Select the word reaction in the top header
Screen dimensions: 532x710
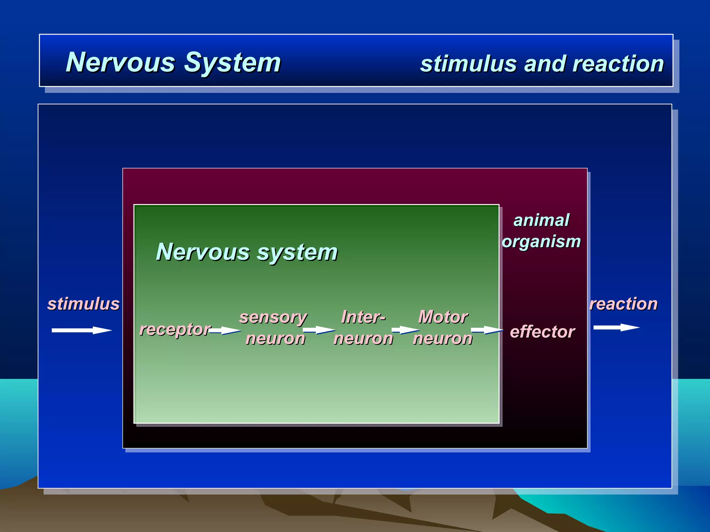point(618,64)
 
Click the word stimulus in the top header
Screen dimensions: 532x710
point(468,64)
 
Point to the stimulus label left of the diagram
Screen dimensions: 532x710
point(83,304)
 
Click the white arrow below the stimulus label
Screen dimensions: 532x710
point(81,330)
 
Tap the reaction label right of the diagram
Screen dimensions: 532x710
point(623,304)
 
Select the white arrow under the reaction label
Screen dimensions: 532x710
point(616,328)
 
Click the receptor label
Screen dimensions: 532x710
point(175,329)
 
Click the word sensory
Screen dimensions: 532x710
point(273,317)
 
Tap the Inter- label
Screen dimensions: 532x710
point(363,317)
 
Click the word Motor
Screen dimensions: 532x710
point(443,317)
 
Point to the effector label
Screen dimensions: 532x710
point(542,332)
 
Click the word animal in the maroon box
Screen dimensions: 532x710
point(541,220)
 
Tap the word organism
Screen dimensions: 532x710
point(541,241)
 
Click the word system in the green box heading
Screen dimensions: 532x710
point(297,252)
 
